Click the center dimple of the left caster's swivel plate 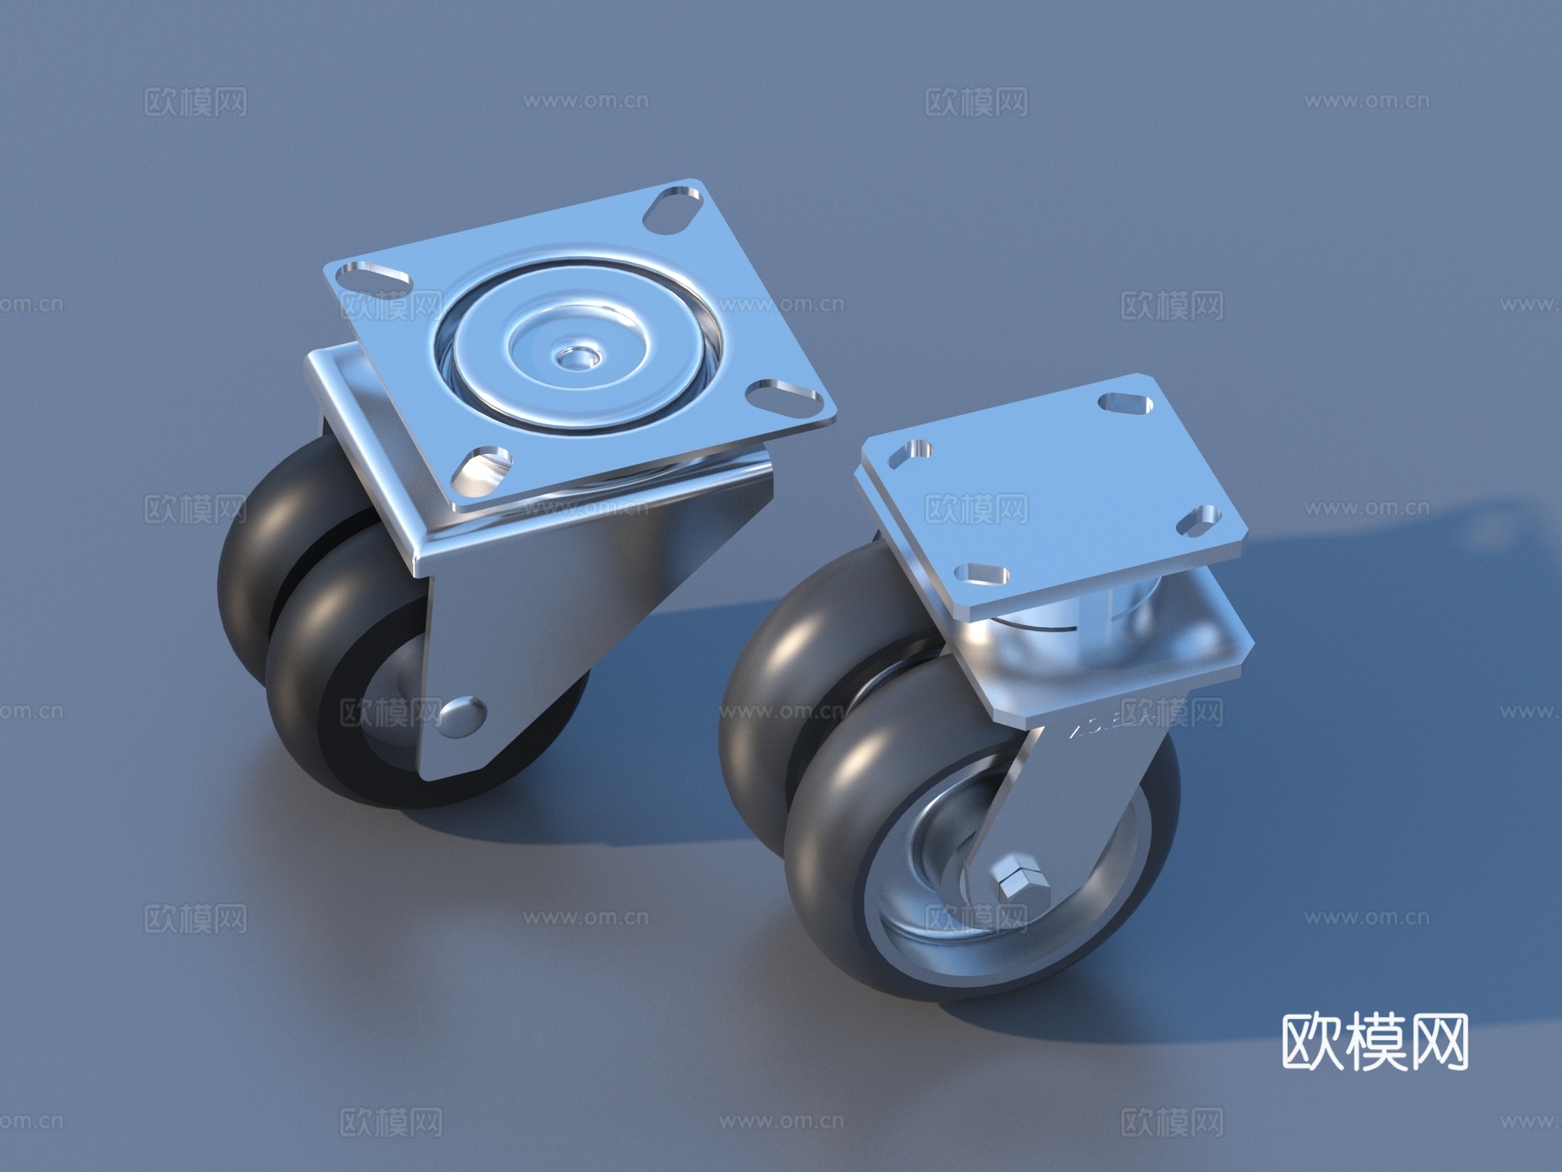click(x=574, y=356)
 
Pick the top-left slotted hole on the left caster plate click(x=373, y=277)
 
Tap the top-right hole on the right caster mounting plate click(x=1124, y=404)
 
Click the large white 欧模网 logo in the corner click(x=1375, y=1043)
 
